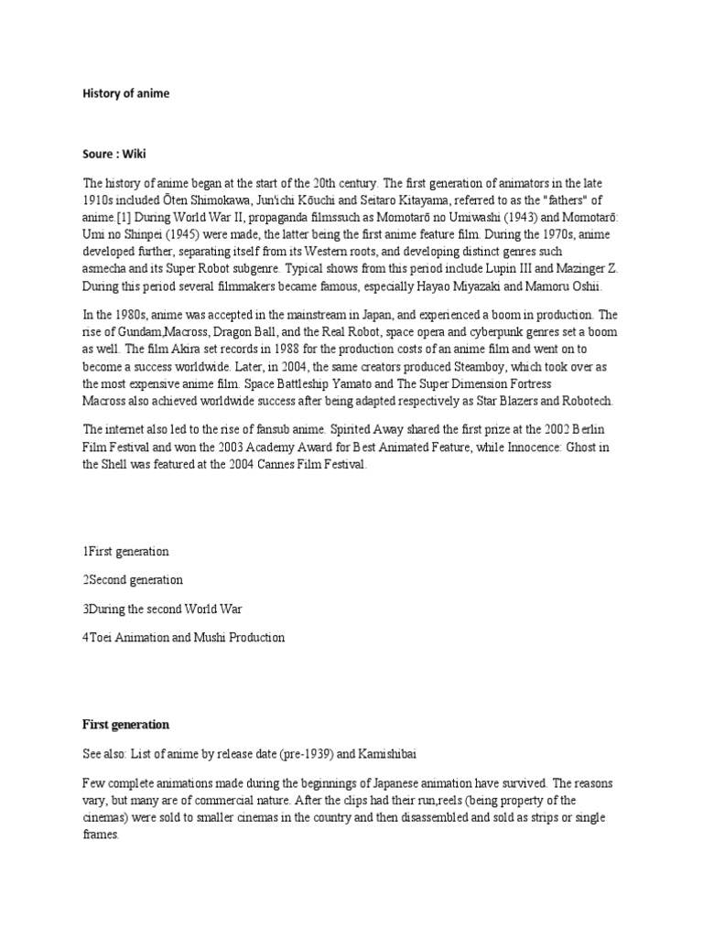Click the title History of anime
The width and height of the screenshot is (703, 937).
(x=125, y=93)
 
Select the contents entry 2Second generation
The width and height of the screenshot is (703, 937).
(x=133, y=580)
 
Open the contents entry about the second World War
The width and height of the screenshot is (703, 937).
(x=162, y=609)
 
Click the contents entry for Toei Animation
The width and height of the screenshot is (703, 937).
(x=183, y=638)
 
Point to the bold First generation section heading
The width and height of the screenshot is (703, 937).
(x=125, y=724)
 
